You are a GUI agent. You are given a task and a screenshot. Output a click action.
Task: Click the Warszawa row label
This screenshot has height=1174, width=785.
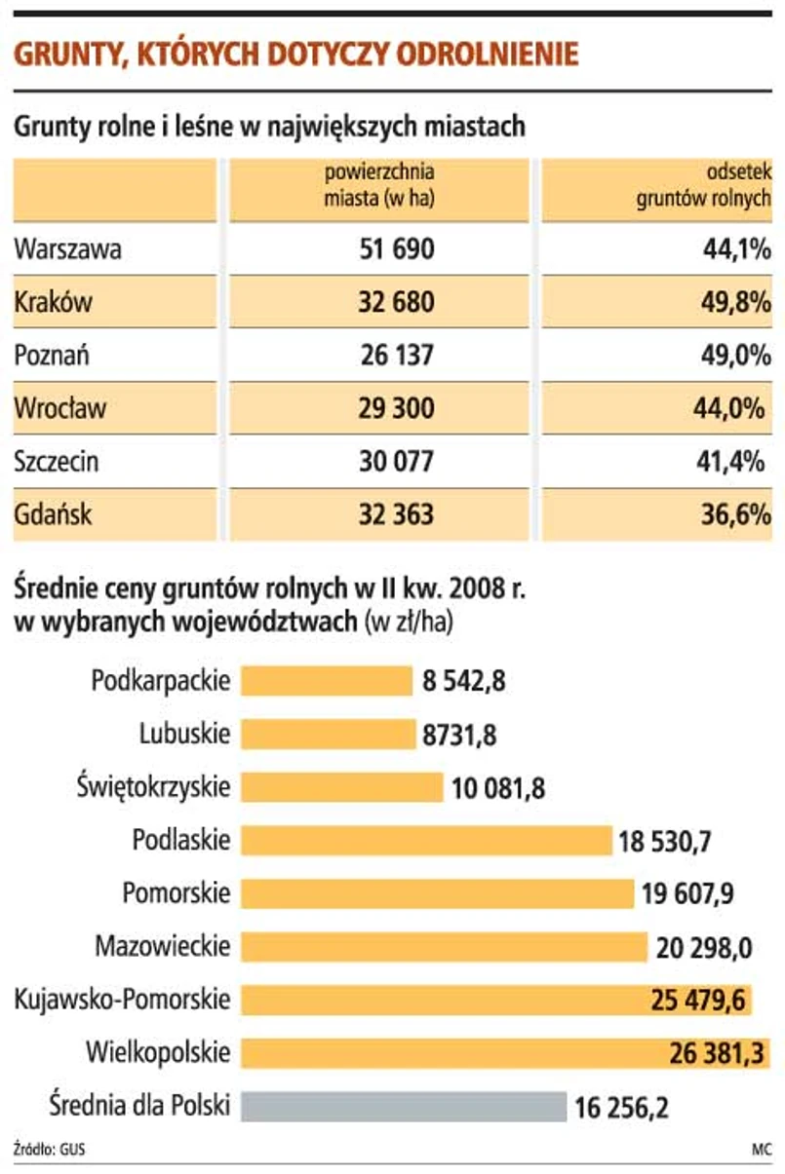coord(67,249)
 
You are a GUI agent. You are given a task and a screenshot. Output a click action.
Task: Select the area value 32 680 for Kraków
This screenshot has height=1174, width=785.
coord(396,302)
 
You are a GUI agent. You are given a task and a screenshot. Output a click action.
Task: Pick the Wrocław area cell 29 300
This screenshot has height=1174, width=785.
coord(396,408)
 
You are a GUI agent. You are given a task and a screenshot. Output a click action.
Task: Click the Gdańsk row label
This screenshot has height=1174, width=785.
coord(53,513)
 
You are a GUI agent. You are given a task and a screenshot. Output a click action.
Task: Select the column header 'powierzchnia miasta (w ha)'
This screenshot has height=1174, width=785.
coord(379,185)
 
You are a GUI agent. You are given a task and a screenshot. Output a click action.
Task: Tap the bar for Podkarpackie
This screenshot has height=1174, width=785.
coord(326,680)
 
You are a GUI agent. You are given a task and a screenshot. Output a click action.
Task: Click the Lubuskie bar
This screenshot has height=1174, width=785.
coord(328,733)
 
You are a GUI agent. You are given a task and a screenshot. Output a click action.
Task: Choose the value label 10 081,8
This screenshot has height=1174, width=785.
coord(497,787)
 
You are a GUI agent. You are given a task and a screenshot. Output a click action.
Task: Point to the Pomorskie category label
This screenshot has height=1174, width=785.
coord(177,891)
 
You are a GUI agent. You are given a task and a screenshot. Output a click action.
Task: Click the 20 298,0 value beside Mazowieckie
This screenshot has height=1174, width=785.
coord(703,946)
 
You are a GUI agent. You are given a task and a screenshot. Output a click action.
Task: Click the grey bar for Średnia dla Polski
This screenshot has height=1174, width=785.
coord(403,1106)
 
